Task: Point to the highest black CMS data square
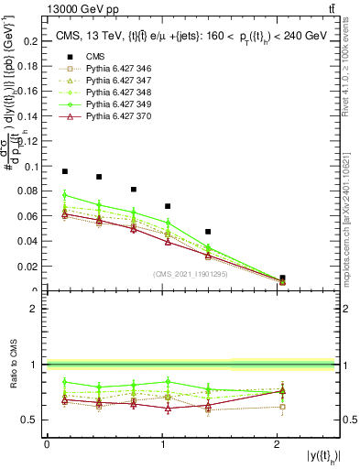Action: (65, 171)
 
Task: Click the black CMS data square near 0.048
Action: (208, 232)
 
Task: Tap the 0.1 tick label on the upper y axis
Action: (31, 167)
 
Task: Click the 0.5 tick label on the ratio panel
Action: (31, 420)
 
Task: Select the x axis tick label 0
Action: (47, 444)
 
